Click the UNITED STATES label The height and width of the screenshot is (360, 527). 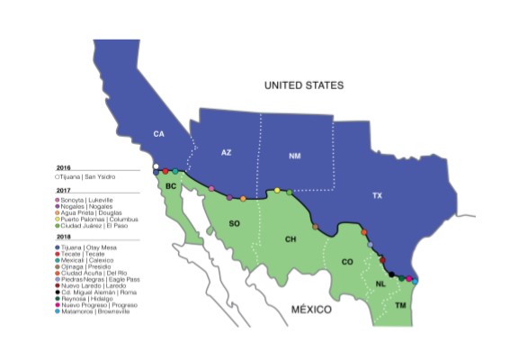(x=303, y=85)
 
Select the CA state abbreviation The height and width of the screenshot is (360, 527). (x=159, y=134)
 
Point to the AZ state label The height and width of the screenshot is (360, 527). (x=227, y=152)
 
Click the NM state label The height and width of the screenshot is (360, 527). (x=295, y=156)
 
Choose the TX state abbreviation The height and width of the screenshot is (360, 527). (x=377, y=194)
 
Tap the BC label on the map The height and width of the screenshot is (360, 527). (x=170, y=184)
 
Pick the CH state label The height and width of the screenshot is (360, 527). (x=290, y=239)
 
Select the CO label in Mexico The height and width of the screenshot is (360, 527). (x=347, y=262)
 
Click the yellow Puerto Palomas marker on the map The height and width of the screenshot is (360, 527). (x=277, y=190)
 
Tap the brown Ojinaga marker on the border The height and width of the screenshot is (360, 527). (x=315, y=227)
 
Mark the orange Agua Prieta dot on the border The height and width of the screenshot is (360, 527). (x=243, y=198)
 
